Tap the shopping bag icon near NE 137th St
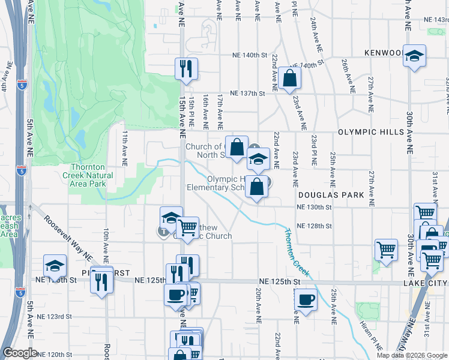(289, 78)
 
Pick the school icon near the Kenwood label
(414, 56)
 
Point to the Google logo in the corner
(20, 353)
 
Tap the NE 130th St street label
(314, 207)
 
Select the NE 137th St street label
(249, 93)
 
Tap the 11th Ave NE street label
(125, 149)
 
